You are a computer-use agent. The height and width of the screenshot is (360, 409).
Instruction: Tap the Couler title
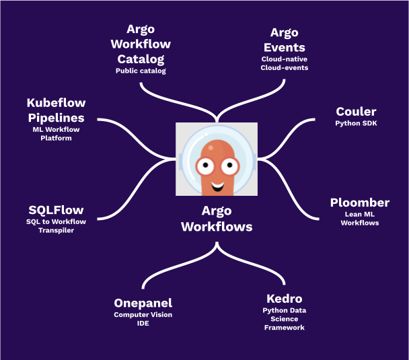pos(356,111)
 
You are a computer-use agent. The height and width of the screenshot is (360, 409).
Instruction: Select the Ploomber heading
pos(359,203)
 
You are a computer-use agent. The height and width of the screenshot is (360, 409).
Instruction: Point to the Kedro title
pos(283,298)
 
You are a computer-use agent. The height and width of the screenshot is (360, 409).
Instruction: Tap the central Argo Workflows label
pos(217,219)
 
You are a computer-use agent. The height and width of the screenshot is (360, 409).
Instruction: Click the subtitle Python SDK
pos(356,124)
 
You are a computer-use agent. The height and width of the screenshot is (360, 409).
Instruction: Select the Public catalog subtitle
pos(141,70)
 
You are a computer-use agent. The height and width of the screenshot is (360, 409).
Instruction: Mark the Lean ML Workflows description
pos(359,218)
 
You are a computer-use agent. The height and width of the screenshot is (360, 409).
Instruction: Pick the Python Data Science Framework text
pos(283,319)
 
